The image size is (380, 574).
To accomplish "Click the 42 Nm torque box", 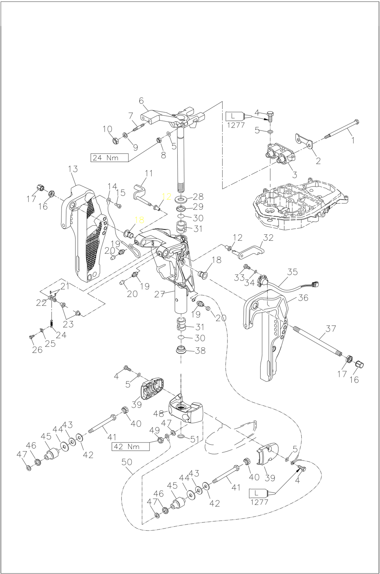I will pos(131,446).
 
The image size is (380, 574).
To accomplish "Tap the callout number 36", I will pos(303,298).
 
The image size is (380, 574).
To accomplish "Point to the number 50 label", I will pos(127,462).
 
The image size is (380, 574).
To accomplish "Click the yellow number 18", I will pos(139,220).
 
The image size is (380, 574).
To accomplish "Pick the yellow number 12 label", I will pos(167,197).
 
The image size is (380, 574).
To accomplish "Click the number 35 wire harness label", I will pos(292,272).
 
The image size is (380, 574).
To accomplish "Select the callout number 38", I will pos(200,351).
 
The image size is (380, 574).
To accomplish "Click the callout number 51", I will pos(195,439).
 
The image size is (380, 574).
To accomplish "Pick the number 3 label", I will pos(294,175).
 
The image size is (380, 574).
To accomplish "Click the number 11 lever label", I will pos(149,173).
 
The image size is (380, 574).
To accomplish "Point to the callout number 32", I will pos(268,238).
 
